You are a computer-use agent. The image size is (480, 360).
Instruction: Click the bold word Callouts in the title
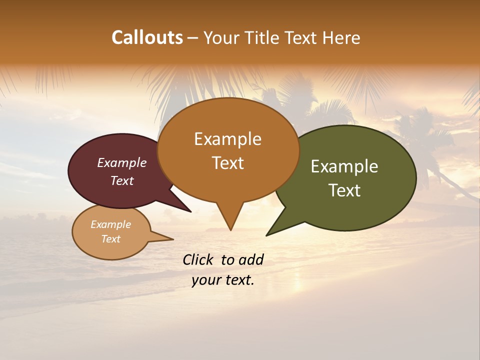[147, 37]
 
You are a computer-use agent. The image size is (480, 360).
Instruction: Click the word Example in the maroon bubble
[121, 162]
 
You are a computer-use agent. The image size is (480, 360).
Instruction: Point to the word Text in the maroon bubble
[121, 180]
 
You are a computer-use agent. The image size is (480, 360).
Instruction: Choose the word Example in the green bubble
[344, 166]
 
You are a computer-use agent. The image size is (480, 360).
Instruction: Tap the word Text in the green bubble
[344, 190]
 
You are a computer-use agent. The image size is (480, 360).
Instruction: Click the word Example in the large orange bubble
[227, 139]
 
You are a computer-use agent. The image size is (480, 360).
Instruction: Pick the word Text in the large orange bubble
[227, 162]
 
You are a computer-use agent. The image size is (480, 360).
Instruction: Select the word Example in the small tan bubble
[110, 224]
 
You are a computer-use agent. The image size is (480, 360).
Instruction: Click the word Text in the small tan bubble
[110, 239]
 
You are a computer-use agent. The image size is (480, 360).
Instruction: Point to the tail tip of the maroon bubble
[190, 211]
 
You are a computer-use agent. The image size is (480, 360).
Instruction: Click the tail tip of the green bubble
[266, 235]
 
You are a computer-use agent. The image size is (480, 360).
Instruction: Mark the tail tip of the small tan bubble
[173, 239]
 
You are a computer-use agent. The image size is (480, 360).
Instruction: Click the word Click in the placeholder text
[197, 259]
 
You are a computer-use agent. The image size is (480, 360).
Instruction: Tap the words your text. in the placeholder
[223, 280]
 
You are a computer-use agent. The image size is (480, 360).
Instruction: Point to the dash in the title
[193, 38]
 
